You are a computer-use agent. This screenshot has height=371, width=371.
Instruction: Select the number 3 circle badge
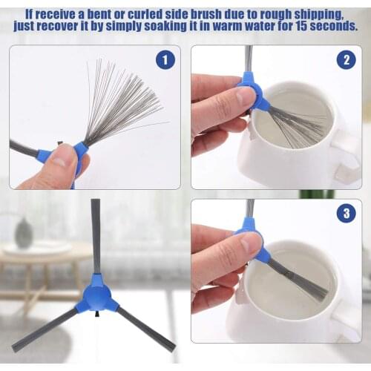coord(346,214)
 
